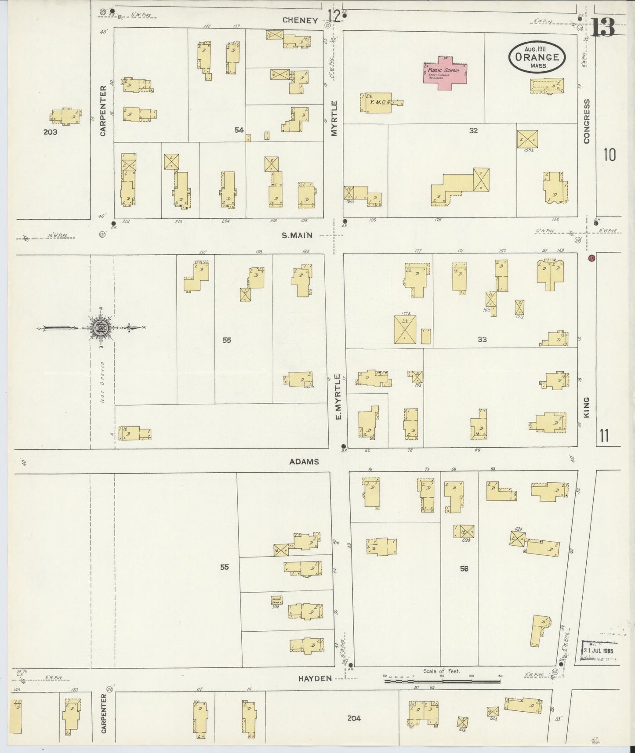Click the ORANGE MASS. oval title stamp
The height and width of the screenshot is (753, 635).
coord(537,58)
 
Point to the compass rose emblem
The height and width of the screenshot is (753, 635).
coord(98,327)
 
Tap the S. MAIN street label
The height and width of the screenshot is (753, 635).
coord(297,235)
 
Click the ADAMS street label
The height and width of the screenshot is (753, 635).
coord(304,462)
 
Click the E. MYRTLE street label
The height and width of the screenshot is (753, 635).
coord(338,397)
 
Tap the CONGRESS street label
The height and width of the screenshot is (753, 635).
coord(586,121)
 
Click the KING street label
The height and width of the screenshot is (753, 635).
coord(586,408)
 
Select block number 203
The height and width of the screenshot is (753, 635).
coord(50,131)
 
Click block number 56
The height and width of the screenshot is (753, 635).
coord(464,568)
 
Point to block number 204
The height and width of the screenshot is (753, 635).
coord(354,718)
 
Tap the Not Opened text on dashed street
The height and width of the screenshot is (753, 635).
coord(102,382)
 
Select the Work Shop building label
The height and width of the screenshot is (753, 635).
coord(276,600)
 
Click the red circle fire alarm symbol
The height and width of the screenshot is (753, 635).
coord(591,258)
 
